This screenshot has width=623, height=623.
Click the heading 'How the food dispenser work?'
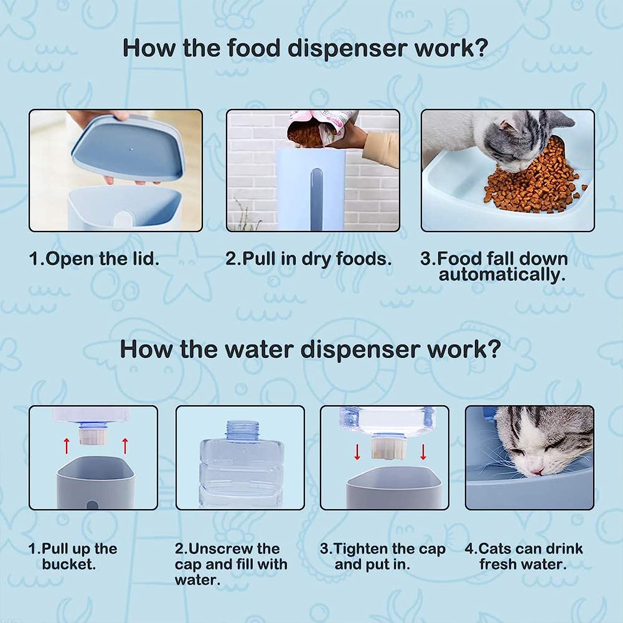(x=305, y=49)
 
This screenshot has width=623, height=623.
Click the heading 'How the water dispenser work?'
(x=310, y=349)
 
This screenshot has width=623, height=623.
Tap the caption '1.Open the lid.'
(x=94, y=259)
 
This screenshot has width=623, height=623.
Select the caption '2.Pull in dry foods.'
(x=309, y=259)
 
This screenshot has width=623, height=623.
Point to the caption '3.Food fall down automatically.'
(x=494, y=266)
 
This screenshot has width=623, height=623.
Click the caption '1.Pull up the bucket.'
(x=73, y=557)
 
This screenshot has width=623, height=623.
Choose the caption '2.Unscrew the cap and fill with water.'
(x=231, y=564)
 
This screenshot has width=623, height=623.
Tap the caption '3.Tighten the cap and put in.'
(x=383, y=557)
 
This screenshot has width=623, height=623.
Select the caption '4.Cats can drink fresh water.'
(x=524, y=557)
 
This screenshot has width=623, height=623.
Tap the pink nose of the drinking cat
(x=538, y=471)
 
